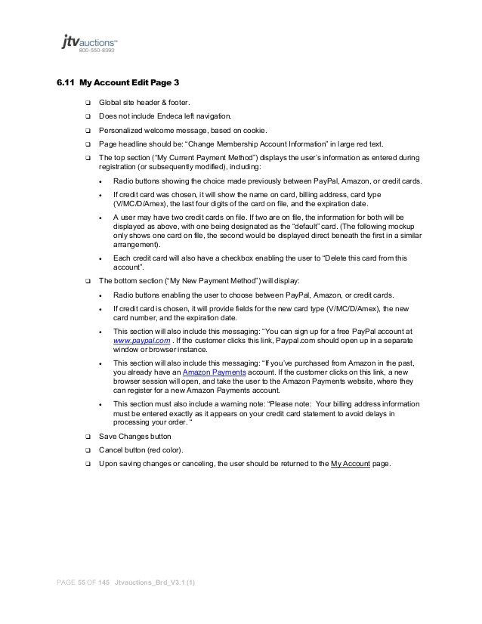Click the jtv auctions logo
tap(88, 42)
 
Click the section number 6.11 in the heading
tap(66, 82)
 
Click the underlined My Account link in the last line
tap(351, 463)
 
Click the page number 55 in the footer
tap(82, 583)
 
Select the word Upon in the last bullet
tap(108, 463)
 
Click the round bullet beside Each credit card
tap(100, 258)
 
